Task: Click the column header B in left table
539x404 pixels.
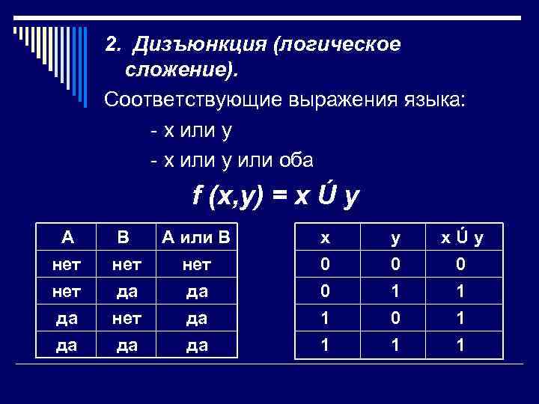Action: (x=124, y=238)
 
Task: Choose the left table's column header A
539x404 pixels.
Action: (x=67, y=238)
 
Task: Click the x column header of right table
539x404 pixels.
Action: (x=324, y=238)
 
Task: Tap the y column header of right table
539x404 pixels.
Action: (x=395, y=238)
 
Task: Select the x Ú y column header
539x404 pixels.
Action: (x=461, y=238)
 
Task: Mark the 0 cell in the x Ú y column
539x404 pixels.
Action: (x=461, y=264)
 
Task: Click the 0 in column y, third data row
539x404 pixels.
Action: (x=395, y=318)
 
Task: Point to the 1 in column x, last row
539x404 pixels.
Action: (x=324, y=346)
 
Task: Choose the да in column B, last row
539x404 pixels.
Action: (x=124, y=346)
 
